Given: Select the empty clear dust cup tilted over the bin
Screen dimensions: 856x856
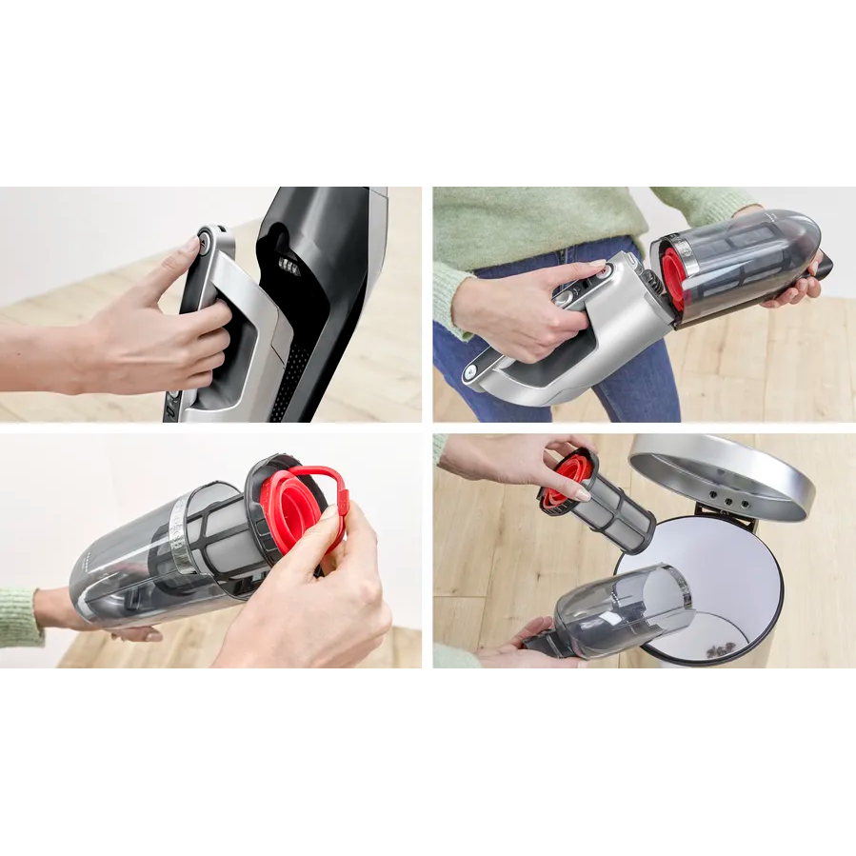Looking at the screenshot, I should pyautogui.click(x=628, y=608).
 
